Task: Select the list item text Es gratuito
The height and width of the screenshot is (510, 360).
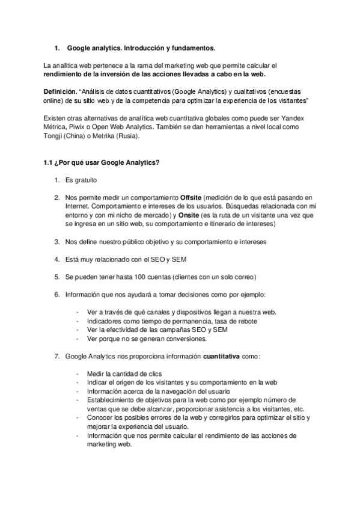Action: [81, 180]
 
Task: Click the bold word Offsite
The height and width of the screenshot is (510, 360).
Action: [191, 197]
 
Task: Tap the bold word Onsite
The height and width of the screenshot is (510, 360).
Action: [183, 215]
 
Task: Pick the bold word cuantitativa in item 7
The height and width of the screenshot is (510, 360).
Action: [221, 356]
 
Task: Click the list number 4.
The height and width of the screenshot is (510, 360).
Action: [56, 259]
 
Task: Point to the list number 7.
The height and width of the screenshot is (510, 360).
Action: [56, 356]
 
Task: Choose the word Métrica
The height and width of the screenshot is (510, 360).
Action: [56, 127]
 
